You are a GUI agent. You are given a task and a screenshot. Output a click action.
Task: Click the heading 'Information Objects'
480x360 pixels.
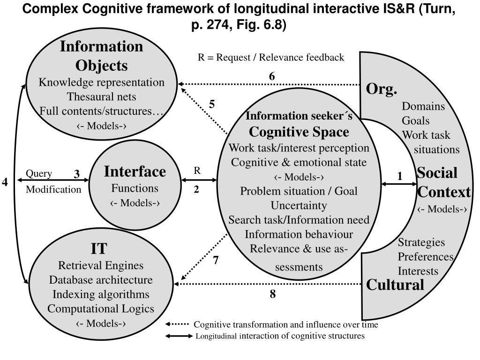101,56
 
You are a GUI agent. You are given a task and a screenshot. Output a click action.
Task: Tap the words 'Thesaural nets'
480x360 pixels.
101,97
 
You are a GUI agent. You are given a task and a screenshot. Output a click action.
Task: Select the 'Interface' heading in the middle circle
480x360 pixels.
135,172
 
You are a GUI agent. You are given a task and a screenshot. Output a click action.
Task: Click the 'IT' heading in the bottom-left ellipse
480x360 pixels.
99,248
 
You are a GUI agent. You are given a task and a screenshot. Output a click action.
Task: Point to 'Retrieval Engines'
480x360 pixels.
101,266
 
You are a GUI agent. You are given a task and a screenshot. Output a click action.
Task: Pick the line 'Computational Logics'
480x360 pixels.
101,309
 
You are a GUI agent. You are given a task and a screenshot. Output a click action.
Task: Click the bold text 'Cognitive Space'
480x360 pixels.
299,132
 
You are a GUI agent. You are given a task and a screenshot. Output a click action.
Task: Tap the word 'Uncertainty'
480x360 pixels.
299,205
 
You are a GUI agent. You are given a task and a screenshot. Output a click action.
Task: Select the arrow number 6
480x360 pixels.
272,76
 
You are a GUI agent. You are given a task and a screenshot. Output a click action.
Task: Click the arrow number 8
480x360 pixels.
272,294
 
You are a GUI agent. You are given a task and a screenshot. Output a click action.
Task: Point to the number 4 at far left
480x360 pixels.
5,182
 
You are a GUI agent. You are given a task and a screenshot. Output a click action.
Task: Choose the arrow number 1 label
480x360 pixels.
400,176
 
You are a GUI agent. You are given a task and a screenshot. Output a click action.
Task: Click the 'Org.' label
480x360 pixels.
382,89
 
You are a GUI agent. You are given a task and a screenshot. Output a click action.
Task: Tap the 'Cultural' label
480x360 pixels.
395,285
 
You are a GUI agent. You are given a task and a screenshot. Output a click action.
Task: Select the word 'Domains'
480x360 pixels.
423,106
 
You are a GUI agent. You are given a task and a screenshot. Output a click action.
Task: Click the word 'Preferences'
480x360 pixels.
426,257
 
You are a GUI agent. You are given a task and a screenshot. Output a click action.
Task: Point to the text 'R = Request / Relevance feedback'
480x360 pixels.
271,58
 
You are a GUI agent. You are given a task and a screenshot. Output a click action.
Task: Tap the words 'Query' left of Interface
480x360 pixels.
39,174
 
